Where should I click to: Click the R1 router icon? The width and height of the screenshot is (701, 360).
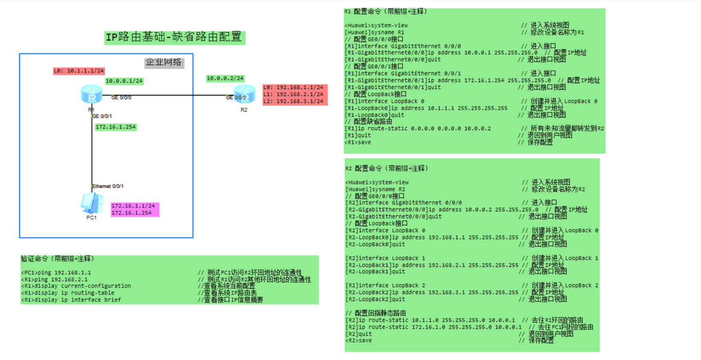point(91,94)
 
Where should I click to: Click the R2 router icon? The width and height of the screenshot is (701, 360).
point(244,94)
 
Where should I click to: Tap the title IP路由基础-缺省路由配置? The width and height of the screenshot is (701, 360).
point(175,37)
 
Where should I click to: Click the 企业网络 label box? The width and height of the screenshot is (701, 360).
point(164,62)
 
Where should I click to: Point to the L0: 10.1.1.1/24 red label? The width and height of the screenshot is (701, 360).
point(79,71)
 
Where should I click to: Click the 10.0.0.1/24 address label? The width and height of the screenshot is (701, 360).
point(124,81)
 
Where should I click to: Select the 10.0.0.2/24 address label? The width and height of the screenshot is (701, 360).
point(225,78)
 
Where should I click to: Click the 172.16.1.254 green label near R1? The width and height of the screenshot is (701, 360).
point(115,127)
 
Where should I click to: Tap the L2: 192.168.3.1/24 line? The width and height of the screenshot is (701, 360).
point(293,101)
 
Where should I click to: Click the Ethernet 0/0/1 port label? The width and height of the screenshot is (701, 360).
point(108,186)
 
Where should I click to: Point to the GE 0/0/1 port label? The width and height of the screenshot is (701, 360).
point(102,116)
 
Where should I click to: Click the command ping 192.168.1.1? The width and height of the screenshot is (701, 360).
point(56,272)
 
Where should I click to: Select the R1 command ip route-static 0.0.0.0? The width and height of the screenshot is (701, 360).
point(418,129)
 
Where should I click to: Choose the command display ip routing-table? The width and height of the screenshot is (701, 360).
point(68,293)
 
